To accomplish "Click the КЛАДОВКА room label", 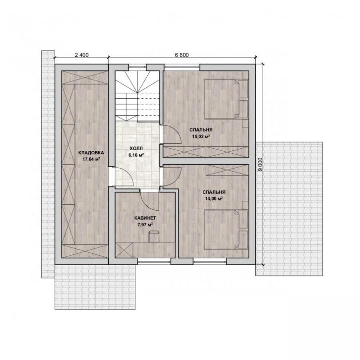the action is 91,153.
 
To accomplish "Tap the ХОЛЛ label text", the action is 136,148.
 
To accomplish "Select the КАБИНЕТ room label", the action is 145,218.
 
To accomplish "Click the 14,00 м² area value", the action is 214,199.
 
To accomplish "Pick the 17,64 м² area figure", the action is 91,159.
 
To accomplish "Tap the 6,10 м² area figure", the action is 136,155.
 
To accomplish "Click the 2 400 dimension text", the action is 82,55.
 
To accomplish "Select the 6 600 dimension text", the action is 182,55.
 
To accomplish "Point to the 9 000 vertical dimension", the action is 260,164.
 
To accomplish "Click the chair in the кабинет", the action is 154,237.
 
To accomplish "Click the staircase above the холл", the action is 137,96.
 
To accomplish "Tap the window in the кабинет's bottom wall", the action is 154,261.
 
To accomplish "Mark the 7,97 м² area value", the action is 145,224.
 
